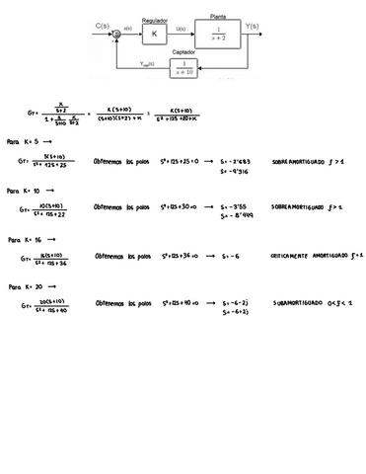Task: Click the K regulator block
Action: (154, 35)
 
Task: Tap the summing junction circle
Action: (117, 35)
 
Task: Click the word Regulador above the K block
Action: (154, 20)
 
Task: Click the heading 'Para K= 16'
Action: (29, 239)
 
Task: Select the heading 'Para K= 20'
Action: (29, 286)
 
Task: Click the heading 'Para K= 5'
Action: (27, 142)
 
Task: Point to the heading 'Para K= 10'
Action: (29, 190)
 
